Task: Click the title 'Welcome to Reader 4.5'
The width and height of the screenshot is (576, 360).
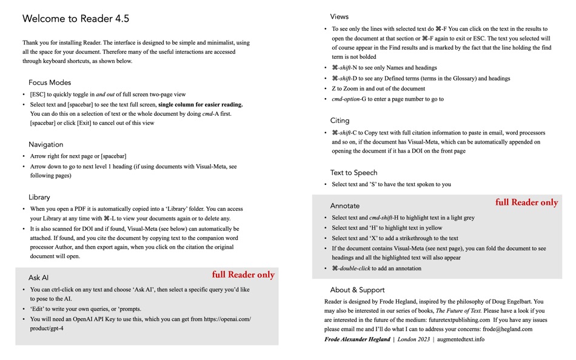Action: point(76,19)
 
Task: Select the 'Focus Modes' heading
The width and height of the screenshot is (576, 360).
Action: point(50,82)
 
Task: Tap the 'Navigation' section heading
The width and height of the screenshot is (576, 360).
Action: point(46,144)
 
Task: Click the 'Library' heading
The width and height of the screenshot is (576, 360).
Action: point(39,197)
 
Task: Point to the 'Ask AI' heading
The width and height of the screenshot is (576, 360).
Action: point(38,278)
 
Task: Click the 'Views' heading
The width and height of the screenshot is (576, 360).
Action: point(340,16)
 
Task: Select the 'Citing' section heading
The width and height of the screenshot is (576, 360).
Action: point(340,121)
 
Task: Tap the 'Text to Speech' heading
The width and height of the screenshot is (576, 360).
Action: point(354,173)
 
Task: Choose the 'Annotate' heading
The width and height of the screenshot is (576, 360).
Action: point(345,206)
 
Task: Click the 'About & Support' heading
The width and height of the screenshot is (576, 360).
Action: point(358,290)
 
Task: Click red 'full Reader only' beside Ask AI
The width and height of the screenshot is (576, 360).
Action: point(243,275)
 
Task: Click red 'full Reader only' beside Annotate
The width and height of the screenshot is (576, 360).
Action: point(526,202)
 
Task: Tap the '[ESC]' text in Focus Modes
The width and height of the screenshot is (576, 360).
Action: point(39,95)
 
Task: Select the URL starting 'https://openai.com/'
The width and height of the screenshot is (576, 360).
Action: point(227,319)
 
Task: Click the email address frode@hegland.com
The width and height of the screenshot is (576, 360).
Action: point(507,329)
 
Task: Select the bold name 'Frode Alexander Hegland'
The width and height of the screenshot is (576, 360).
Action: point(357,339)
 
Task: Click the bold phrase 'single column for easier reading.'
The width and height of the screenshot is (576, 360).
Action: point(201,104)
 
